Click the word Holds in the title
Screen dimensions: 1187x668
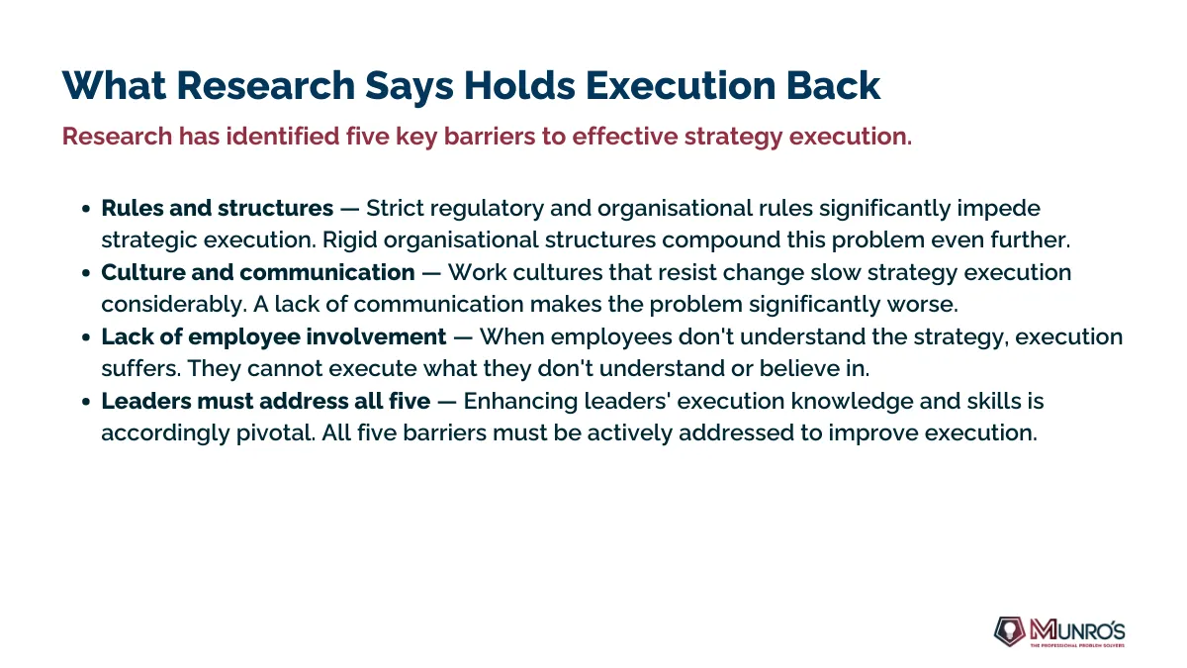click(519, 85)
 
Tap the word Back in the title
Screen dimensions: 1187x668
click(833, 85)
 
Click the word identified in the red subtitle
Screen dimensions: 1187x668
click(283, 137)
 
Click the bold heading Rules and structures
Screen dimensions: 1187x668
click(218, 208)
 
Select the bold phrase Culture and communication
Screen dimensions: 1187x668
click(258, 272)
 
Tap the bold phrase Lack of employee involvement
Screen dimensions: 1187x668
click(274, 337)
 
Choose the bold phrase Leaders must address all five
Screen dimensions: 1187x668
click(265, 402)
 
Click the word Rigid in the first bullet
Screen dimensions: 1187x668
click(350, 240)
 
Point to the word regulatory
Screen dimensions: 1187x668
click(487, 209)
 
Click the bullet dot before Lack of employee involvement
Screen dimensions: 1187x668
click(86, 337)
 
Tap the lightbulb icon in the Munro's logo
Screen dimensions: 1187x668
click(1010, 631)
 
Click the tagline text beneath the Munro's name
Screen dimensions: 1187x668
click(1077, 645)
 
